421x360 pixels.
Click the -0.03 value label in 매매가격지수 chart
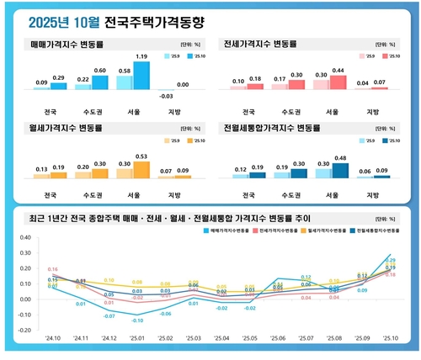[x=165, y=97]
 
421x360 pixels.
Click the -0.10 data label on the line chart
[x=136, y=320]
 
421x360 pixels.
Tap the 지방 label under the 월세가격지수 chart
[x=173, y=196]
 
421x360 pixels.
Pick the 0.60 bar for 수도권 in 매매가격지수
[x=100, y=82]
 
